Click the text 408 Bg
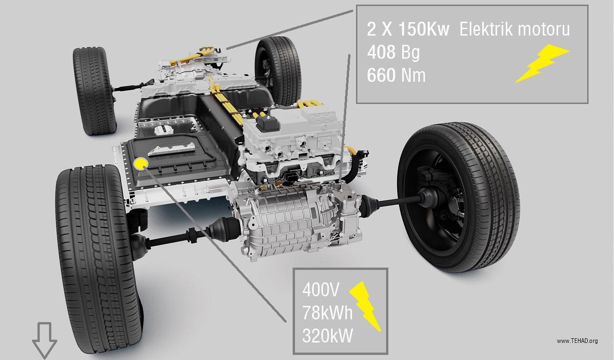click(x=393, y=52)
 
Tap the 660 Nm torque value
click(x=396, y=75)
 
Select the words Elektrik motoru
click(x=515, y=29)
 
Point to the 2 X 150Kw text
click(x=408, y=29)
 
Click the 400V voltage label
click(x=321, y=290)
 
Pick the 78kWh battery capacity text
click(x=327, y=312)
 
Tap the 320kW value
click(x=327, y=336)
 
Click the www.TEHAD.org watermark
click(x=577, y=341)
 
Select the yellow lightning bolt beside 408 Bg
click(x=541, y=64)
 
